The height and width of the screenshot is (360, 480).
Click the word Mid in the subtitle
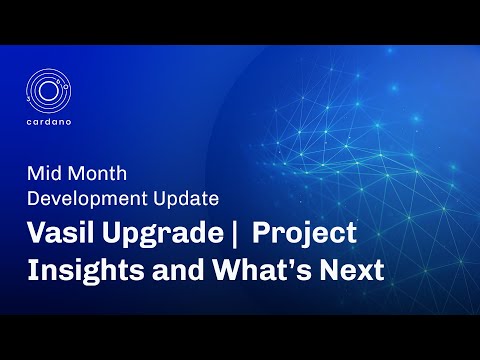click(x=41, y=173)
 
